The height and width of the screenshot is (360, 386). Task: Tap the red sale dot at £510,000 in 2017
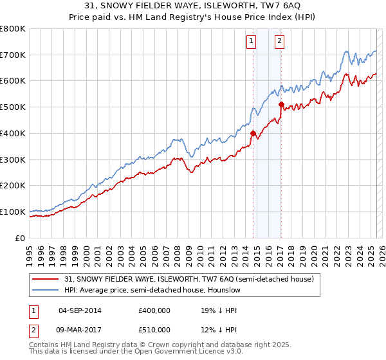281,104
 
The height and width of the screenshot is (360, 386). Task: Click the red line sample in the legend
46,279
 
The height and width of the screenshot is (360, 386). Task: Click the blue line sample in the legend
46,290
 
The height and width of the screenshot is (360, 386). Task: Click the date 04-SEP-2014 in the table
80,310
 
